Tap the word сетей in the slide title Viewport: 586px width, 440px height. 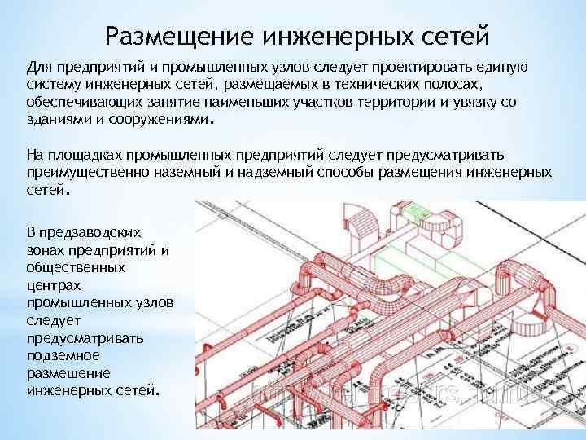click(451, 35)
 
